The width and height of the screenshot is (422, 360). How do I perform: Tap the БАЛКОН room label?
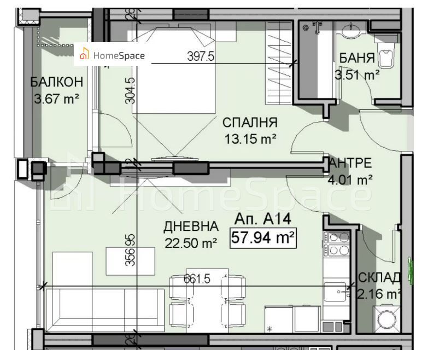tap(57, 82)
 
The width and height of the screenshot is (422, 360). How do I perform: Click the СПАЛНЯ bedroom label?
tap(250, 122)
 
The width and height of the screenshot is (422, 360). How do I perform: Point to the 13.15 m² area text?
tap(250, 139)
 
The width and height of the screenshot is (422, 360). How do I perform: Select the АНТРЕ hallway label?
tap(351, 162)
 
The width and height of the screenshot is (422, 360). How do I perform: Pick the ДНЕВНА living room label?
tap(192, 227)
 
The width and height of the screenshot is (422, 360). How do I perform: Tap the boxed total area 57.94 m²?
tap(263, 238)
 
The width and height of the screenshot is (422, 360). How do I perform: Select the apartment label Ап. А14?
tap(262, 220)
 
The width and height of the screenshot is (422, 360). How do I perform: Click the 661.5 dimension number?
tap(197, 279)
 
